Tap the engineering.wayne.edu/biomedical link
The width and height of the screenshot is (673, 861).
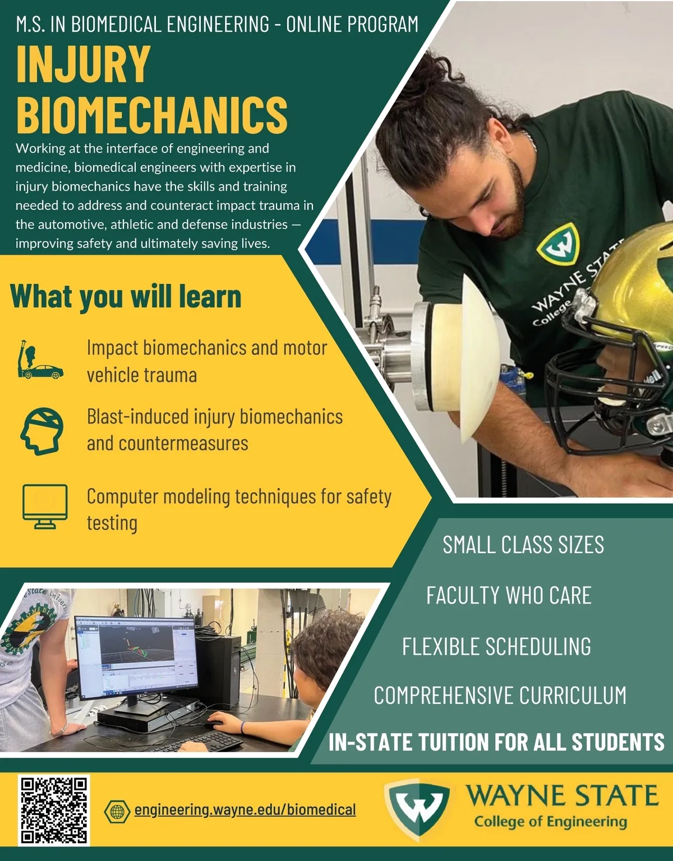(245, 809)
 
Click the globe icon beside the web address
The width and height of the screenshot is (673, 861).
(117, 811)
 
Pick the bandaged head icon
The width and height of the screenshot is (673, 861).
(42, 431)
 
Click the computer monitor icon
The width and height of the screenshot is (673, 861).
(45, 506)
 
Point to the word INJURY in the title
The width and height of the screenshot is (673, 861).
(84, 63)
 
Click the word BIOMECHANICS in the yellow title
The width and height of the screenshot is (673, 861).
(152, 115)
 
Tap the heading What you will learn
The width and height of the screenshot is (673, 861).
(126, 296)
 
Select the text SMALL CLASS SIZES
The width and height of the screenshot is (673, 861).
(523, 545)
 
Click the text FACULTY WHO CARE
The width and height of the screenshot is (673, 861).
(509, 595)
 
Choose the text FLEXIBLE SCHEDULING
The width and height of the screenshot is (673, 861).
(496, 646)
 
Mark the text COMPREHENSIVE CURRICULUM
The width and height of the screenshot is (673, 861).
(500, 695)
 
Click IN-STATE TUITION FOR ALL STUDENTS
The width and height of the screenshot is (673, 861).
(496, 742)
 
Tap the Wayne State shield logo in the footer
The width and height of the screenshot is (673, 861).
(418, 810)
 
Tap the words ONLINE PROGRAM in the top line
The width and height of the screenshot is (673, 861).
(352, 24)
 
